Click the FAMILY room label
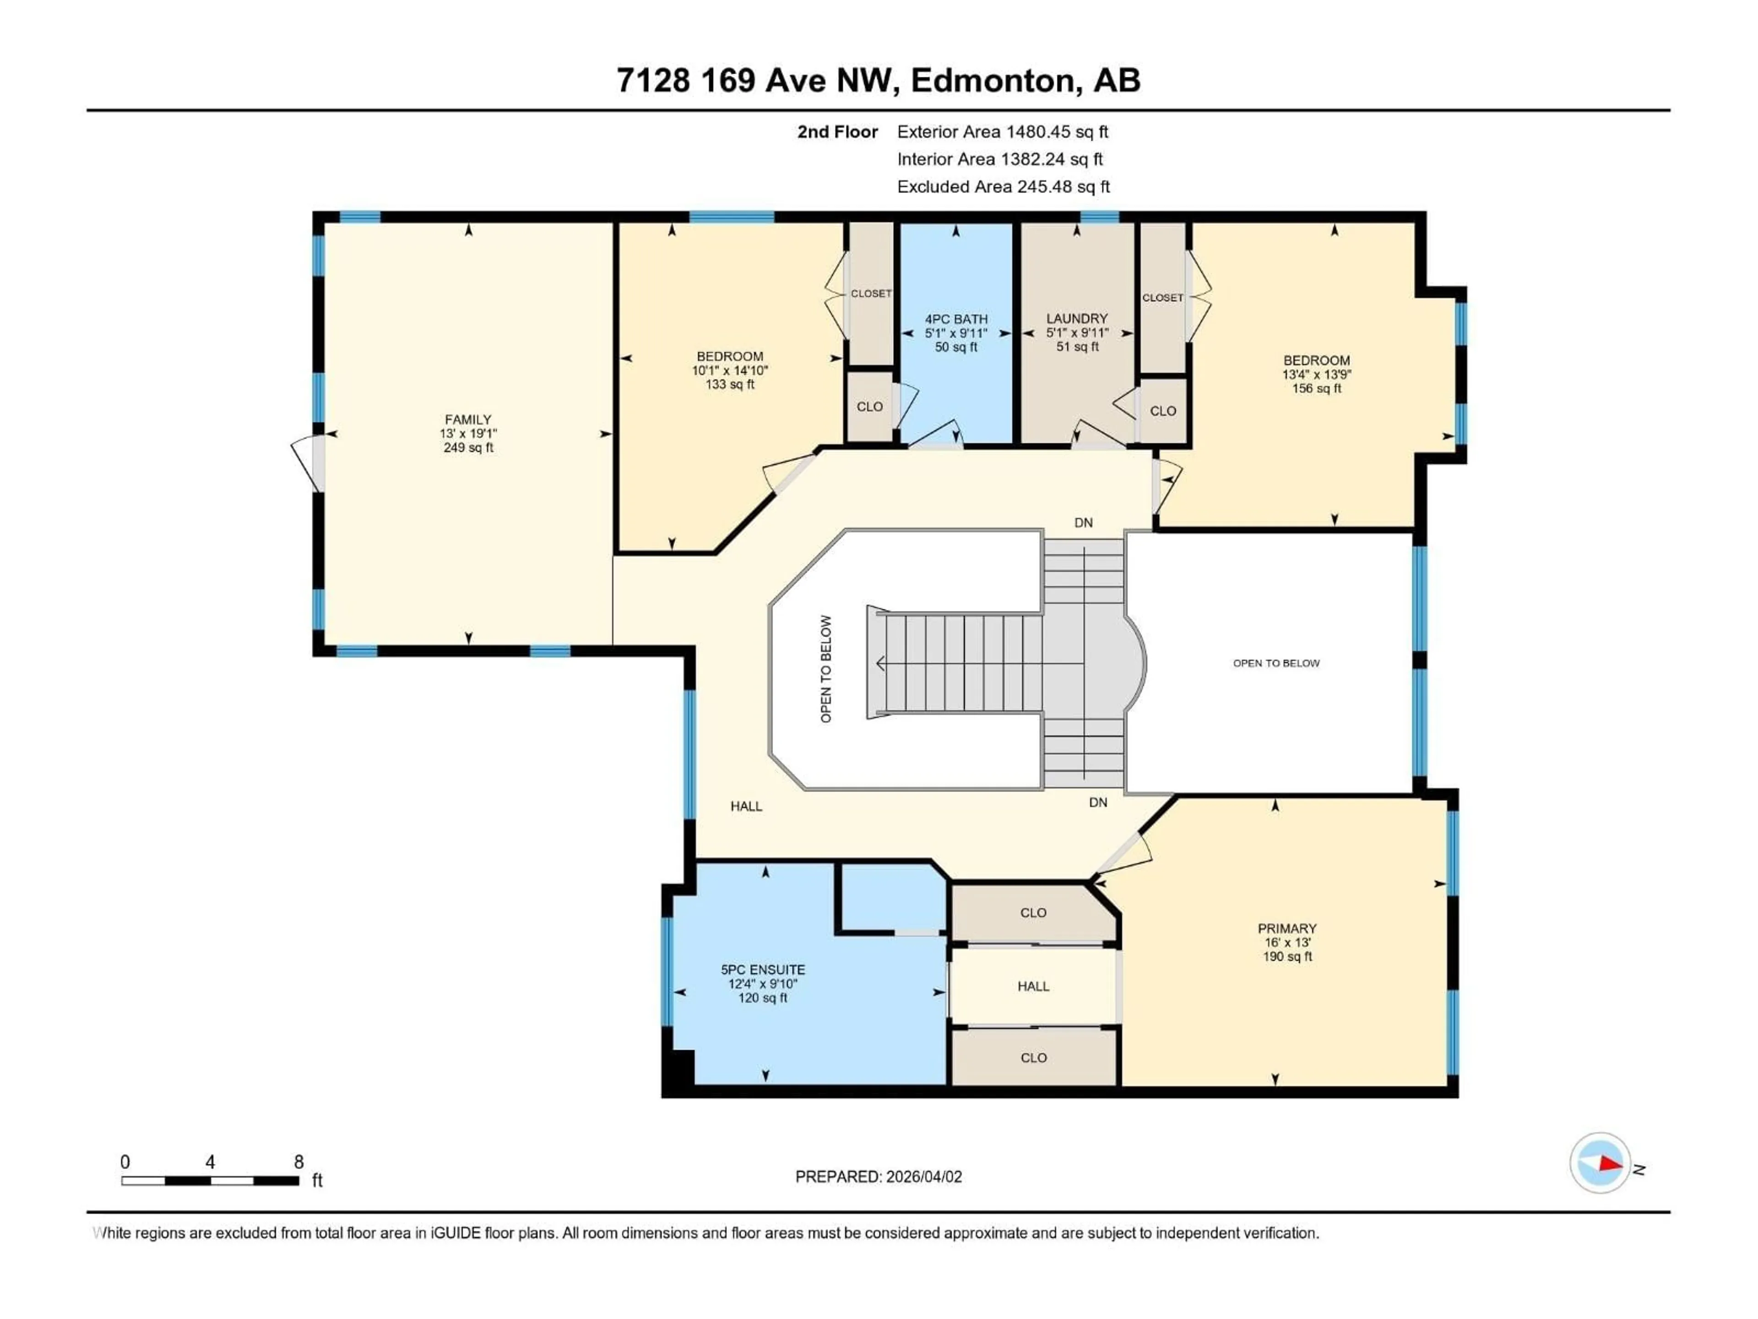click(468, 419)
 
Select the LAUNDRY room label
click(1077, 318)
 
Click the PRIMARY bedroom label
click(1287, 928)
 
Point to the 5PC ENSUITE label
click(763, 969)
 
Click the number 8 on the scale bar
click(299, 1161)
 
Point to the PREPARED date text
click(878, 1177)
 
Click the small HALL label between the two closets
click(1033, 986)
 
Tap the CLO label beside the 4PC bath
click(869, 406)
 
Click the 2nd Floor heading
click(838, 132)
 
